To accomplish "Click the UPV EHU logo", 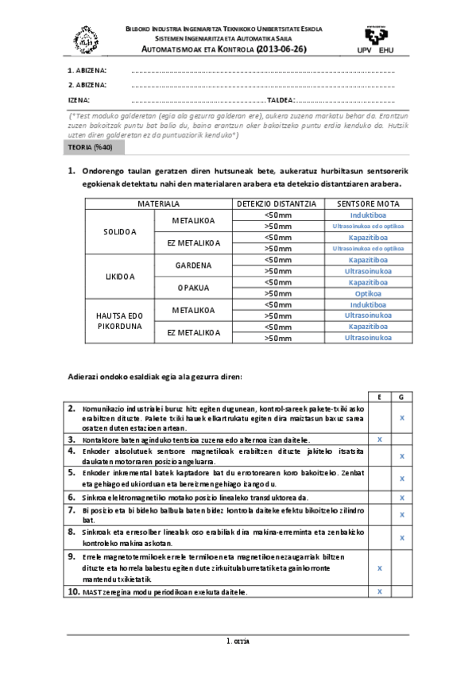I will point(377,40).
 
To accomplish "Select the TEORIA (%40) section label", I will point(91,149).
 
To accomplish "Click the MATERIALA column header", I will point(158,204).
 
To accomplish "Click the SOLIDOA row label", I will point(120,232).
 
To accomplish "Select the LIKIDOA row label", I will point(120,277).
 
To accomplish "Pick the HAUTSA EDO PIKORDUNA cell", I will point(119,321).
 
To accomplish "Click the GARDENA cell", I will point(193,265).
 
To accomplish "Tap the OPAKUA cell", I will point(193,288).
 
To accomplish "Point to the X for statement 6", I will point(402,498).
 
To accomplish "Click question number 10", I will point(72,592).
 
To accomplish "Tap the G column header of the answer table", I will point(402,396).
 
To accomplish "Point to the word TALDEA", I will point(281,100).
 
